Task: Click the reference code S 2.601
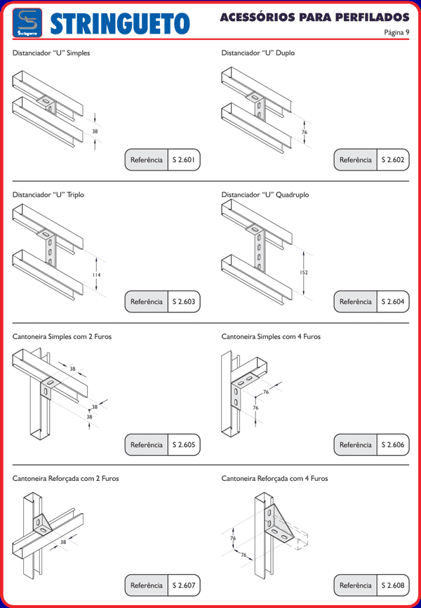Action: [184, 160]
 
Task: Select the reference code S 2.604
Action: [393, 302]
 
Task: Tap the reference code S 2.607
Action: [184, 585]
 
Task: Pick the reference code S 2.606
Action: [393, 444]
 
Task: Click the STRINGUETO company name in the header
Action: [120, 23]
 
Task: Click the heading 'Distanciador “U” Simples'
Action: [51, 53]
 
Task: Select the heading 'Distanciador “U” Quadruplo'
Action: [265, 194]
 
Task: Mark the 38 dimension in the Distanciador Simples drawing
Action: [95, 131]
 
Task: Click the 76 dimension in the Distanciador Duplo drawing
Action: [304, 132]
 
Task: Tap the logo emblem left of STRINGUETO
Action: [28, 23]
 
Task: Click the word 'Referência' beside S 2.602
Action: [356, 160]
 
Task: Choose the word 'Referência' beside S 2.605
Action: [147, 444]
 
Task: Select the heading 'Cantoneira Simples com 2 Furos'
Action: [62, 336]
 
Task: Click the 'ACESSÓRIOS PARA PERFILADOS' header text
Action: [314, 16]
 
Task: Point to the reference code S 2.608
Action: [393, 585]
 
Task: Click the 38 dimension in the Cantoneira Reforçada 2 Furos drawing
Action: [63, 541]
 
